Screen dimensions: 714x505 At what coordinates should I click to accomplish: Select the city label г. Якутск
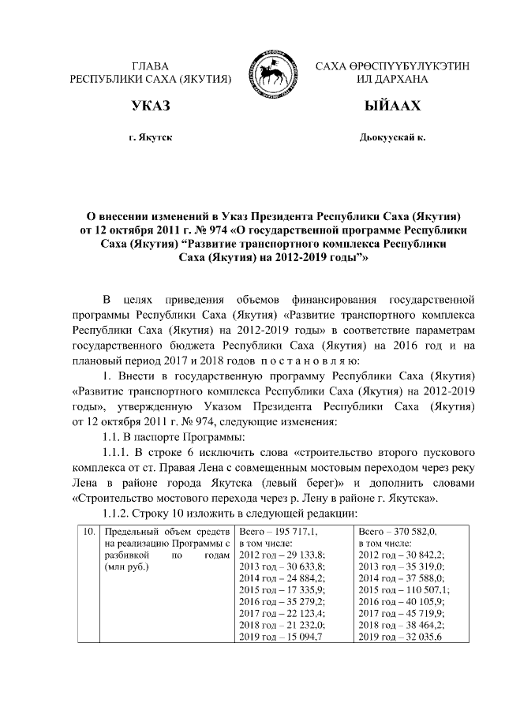(x=151, y=137)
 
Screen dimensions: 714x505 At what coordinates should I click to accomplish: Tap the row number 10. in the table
(x=89, y=533)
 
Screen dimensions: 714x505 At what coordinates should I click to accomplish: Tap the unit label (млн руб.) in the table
(x=126, y=566)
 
